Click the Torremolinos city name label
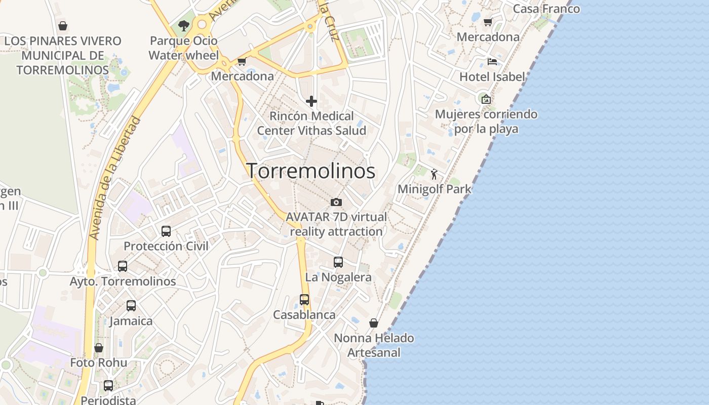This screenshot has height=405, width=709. (x=310, y=171)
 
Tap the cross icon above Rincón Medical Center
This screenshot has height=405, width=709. (x=311, y=102)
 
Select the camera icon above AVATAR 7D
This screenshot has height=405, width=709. (x=336, y=202)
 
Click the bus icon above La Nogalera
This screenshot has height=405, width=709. (x=338, y=262)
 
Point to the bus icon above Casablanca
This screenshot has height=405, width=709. (x=304, y=300)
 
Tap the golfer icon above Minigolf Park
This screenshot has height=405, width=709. (x=434, y=175)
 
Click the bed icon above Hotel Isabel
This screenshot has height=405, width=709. (x=492, y=62)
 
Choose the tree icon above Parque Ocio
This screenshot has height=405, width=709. (x=183, y=26)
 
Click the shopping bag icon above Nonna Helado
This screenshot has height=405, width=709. (x=374, y=323)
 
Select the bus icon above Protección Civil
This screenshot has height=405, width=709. (x=166, y=231)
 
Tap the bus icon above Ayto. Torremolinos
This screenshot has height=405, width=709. (x=123, y=266)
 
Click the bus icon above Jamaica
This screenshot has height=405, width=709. (x=131, y=306)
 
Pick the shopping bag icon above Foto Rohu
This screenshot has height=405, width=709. (x=99, y=348)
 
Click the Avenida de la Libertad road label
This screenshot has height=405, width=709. (x=114, y=179)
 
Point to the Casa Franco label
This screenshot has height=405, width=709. (x=546, y=9)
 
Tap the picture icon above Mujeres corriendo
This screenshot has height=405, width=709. (x=486, y=99)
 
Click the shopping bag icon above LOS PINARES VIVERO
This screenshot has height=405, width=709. (x=63, y=26)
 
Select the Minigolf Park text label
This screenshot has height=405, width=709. (x=434, y=189)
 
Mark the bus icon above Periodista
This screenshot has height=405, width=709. (x=108, y=386)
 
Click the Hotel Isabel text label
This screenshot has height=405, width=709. (x=492, y=77)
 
